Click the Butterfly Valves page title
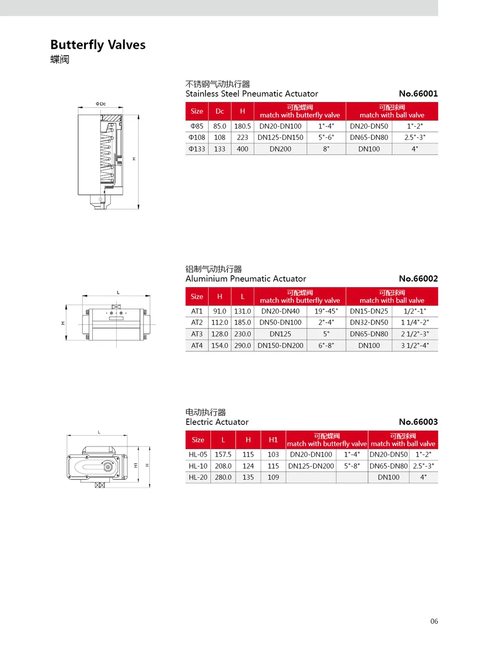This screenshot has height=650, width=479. pos(98,45)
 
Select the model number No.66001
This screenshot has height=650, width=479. pos(418,94)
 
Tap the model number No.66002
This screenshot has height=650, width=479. pos(418,278)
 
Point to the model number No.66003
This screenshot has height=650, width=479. pos(418,422)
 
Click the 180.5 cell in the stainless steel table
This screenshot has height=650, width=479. pos(242,126)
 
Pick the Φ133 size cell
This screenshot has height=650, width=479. pos(197,149)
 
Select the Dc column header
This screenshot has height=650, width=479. pos(219,111)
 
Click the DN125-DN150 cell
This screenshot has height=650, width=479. pos(280,137)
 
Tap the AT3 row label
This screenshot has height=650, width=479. pos(197,334)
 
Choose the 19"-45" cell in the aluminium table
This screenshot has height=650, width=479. pos(326,311)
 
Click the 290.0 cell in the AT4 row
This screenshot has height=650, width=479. pos(242,345)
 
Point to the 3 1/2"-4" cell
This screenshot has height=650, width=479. pos(415,345)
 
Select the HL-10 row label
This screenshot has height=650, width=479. pos(198,466)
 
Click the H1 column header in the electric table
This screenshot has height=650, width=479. pos(273,440)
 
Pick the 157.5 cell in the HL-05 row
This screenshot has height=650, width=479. pos(223,454)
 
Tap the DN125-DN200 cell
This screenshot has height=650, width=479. pos(311,466)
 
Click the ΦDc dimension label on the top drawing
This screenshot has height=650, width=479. pos(100,104)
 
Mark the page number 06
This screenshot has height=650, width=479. pos(434,621)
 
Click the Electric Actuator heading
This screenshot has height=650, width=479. pos(217,422)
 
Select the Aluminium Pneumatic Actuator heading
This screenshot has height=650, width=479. pos(246,278)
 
